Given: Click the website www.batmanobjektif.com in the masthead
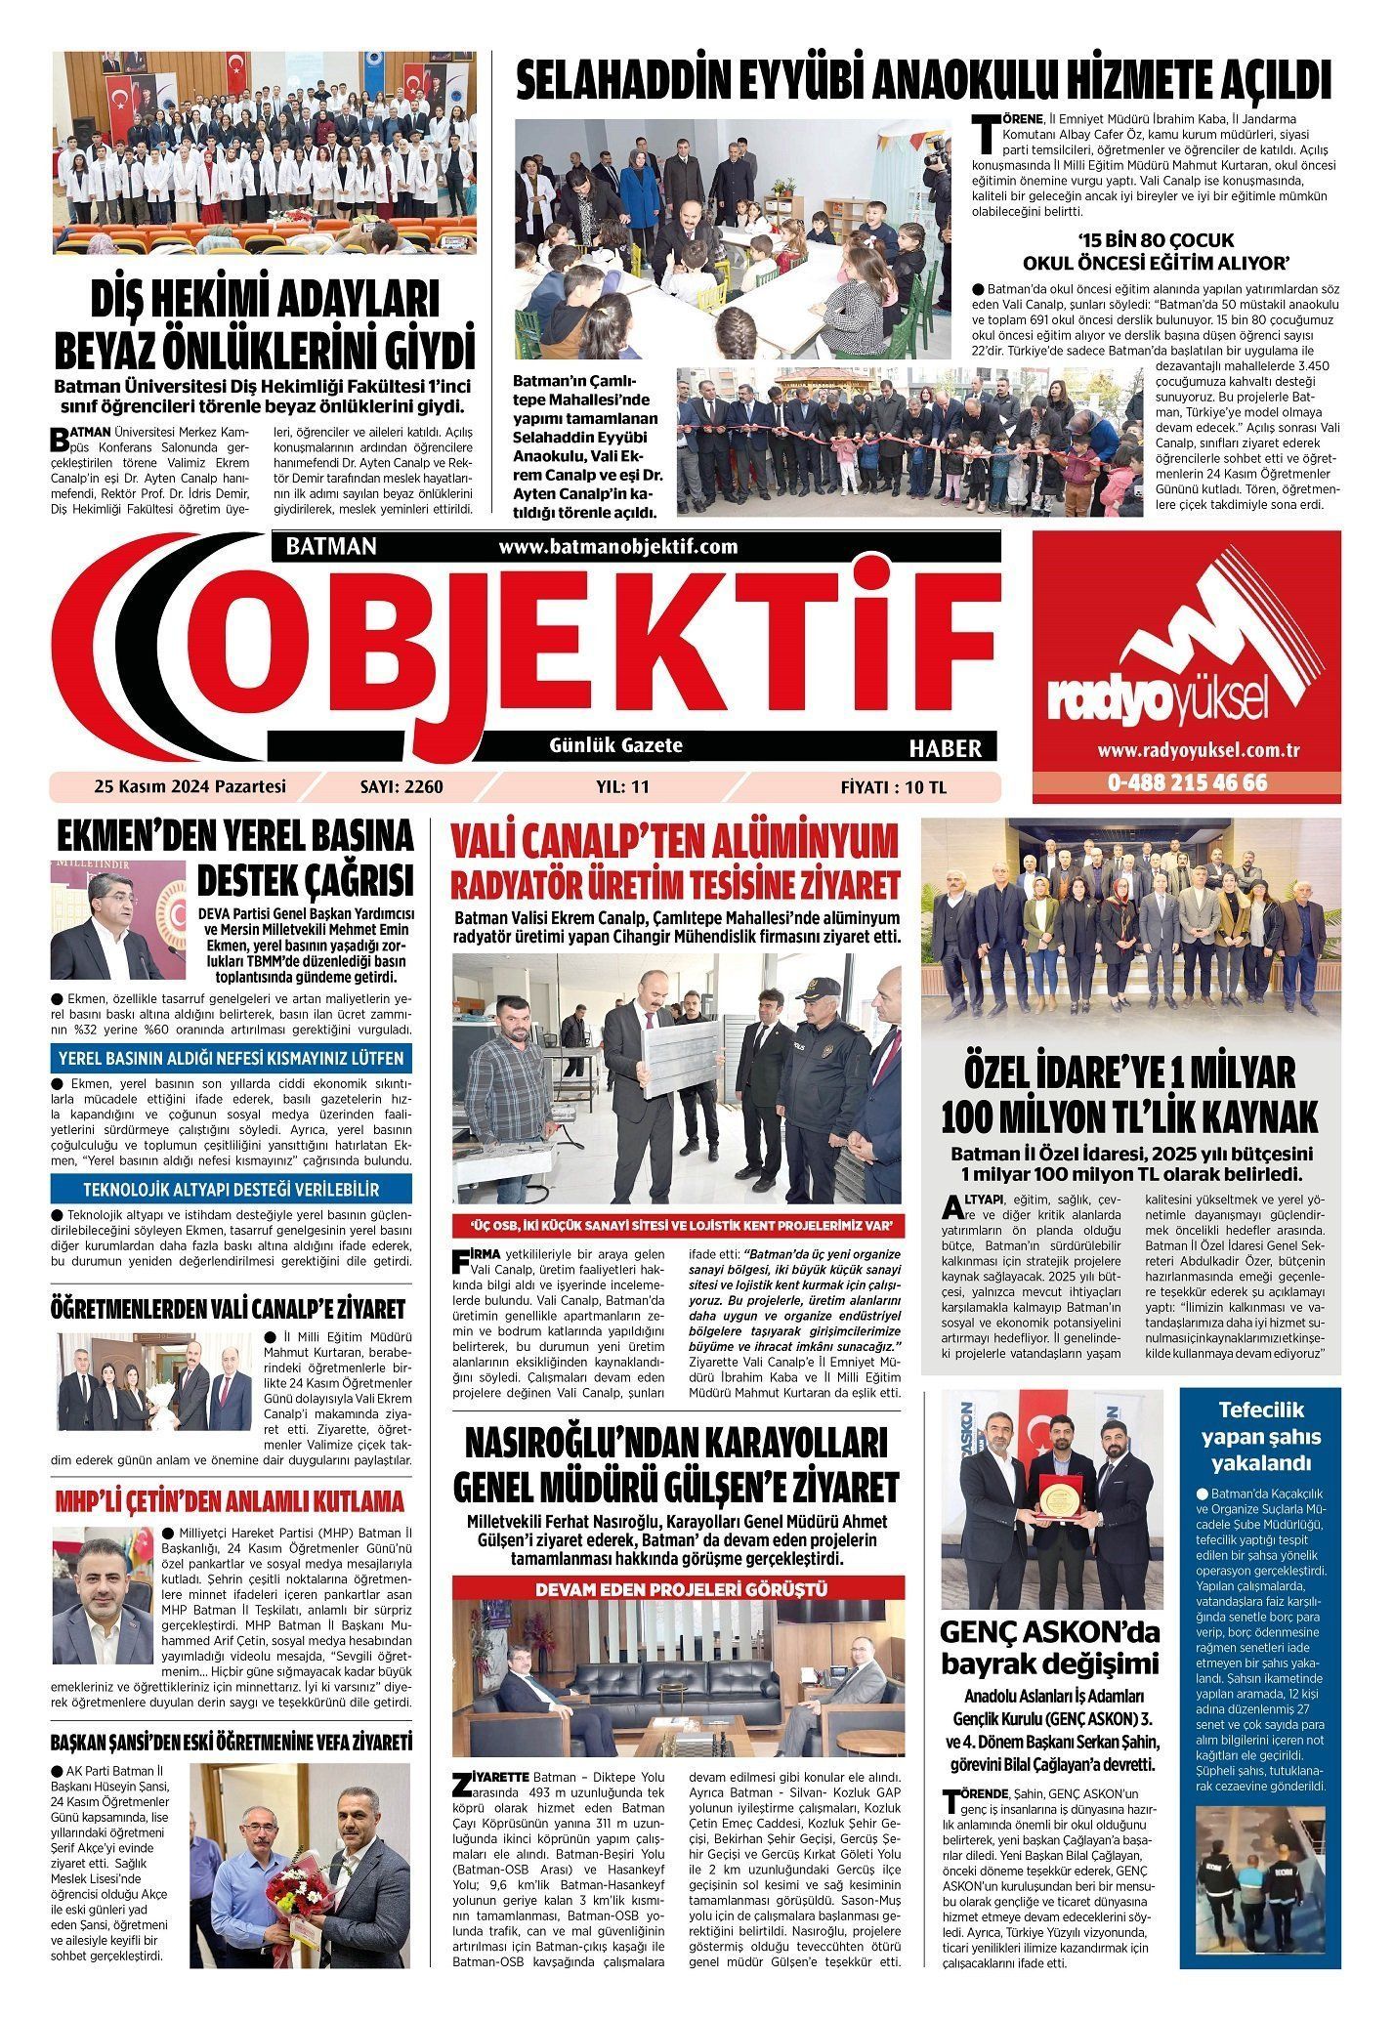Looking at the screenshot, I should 617,546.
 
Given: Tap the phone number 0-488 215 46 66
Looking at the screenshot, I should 1187,782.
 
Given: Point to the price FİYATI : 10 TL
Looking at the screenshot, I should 894,786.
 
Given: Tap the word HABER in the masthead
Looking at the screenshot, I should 945,748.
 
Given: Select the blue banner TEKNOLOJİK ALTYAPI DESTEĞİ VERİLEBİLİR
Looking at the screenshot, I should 232,1190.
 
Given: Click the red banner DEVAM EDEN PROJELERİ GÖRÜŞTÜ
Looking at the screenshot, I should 681,1589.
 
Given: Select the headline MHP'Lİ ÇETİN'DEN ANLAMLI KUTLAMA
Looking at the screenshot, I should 230,1500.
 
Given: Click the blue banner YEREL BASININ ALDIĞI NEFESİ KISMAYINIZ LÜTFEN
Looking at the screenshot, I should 232,1058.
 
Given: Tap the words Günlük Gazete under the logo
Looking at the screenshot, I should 615,745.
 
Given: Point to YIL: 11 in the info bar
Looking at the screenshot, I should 622,786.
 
